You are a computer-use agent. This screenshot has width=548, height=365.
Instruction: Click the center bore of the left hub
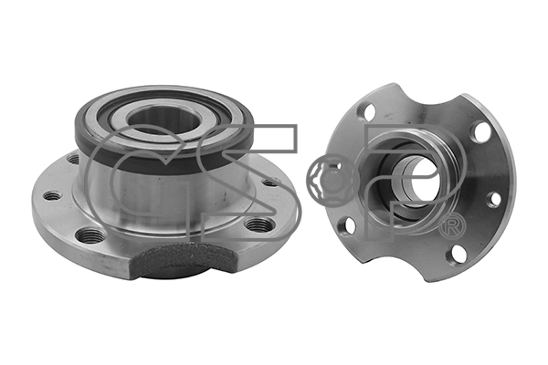tap(163, 120)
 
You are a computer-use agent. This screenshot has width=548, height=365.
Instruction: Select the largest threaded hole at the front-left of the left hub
tap(90, 235)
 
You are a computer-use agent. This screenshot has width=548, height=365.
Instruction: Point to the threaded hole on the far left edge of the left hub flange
tap(52, 196)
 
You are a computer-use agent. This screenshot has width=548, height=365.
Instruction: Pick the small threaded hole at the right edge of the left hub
tap(271, 182)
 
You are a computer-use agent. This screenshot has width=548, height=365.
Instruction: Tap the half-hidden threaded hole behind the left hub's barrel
tap(73, 159)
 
